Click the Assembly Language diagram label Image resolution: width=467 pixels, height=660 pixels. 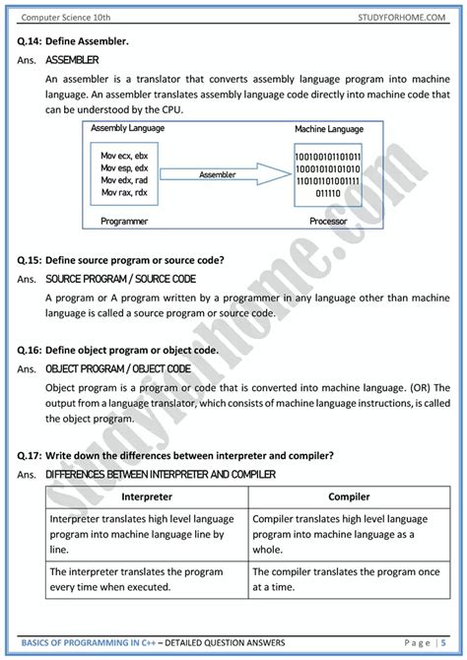[x=127, y=129]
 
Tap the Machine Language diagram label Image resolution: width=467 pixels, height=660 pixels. [x=328, y=131]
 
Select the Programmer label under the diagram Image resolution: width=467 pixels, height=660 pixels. [x=124, y=222]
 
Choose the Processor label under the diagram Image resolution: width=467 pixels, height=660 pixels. [x=329, y=222]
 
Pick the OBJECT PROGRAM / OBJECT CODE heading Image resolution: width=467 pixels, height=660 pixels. [x=117, y=368]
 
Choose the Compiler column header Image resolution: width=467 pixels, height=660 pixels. [x=349, y=497]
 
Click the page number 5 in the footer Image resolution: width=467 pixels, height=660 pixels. [x=443, y=643]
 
